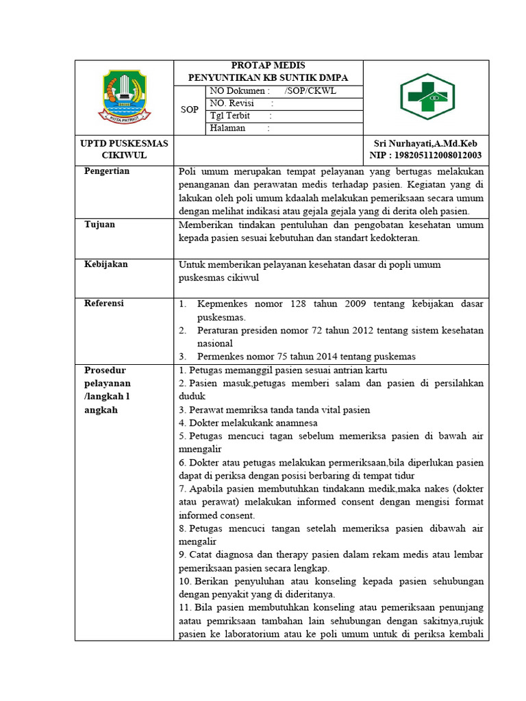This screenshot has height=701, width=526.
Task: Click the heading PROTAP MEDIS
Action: tap(268, 65)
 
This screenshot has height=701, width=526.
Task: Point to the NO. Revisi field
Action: tap(233, 103)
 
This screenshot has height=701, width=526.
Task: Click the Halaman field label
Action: tap(228, 128)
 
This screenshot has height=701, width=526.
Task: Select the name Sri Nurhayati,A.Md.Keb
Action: tap(425, 143)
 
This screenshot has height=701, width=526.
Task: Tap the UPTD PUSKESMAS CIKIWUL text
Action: tap(125, 149)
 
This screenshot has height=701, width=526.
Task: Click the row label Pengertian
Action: tap(107, 171)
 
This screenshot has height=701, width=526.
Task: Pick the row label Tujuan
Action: tap(100, 225)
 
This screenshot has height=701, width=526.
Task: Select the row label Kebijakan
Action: tap(106, 264)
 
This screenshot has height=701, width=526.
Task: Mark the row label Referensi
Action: tap(105, 303)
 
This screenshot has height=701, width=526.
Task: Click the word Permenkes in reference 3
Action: tap(220, 356)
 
